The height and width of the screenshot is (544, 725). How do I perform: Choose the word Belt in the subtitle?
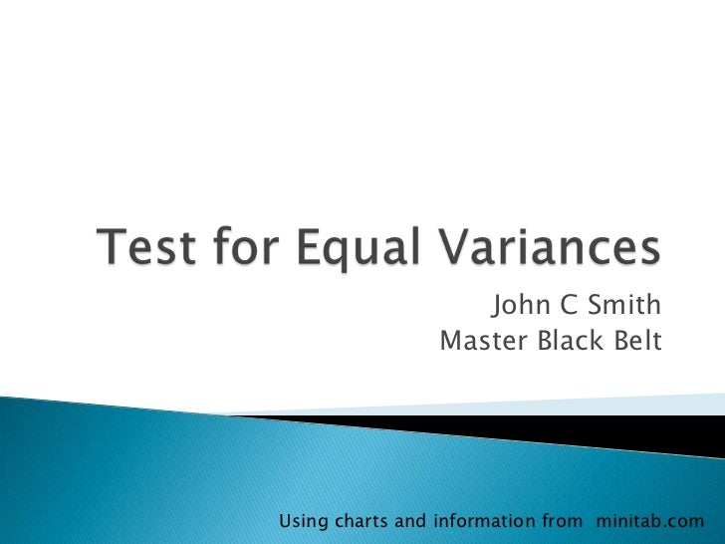click(636, 342)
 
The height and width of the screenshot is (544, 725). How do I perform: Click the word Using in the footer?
click(302, 521)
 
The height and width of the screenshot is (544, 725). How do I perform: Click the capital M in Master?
click(450, 342)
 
